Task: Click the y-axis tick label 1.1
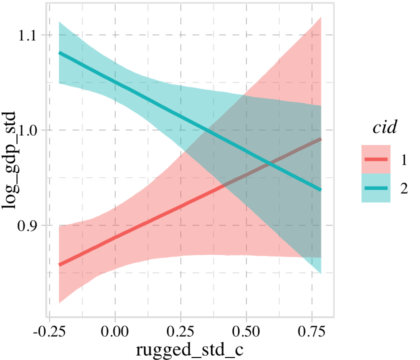pyautogui.click(x=31, y=35)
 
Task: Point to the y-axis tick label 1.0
pyautogui.click(x=31, y=130)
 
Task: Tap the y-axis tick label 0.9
pyautogui.click(x=31, y=225)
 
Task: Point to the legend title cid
pyautogui.click(x=385, y=127)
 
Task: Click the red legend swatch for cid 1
pyautogui.click(x=375, y=159)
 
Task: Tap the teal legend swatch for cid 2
pyautogui.click(x=375, y=188)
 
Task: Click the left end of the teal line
pyautogui.click(x=59, y=52)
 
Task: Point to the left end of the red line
pyautogui.click(x=59, y=264)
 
